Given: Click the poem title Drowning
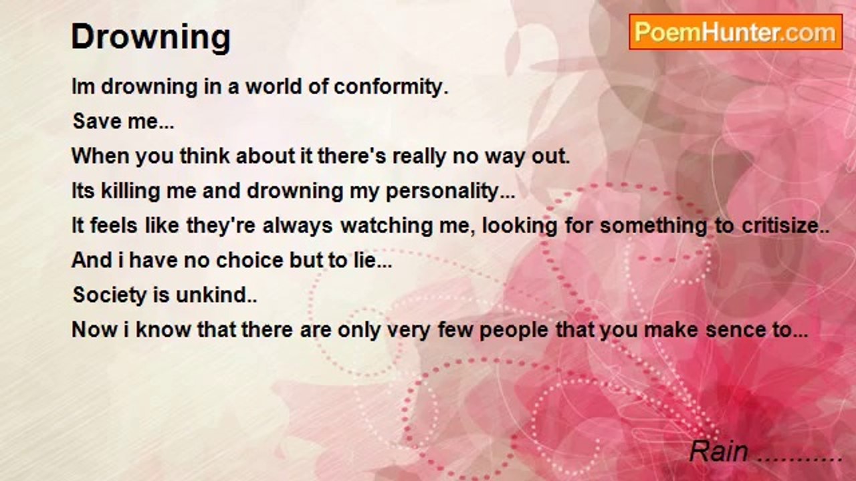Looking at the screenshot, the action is coord(151,37).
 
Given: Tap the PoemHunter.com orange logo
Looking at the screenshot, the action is coord(736,32).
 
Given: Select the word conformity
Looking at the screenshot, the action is coord(391,87).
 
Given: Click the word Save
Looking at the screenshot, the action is coord(97,121).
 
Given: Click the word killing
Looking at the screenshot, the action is coord(130,191).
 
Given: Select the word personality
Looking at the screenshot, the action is coord(450,191).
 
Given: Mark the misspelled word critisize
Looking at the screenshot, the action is coord(785,225).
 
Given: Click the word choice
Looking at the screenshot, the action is coord(249,261).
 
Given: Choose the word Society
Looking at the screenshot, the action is coord(110,295).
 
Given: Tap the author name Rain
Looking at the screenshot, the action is coord(719,452).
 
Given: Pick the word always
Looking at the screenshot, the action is coord(298,226).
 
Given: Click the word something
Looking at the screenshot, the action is coord(654,226).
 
